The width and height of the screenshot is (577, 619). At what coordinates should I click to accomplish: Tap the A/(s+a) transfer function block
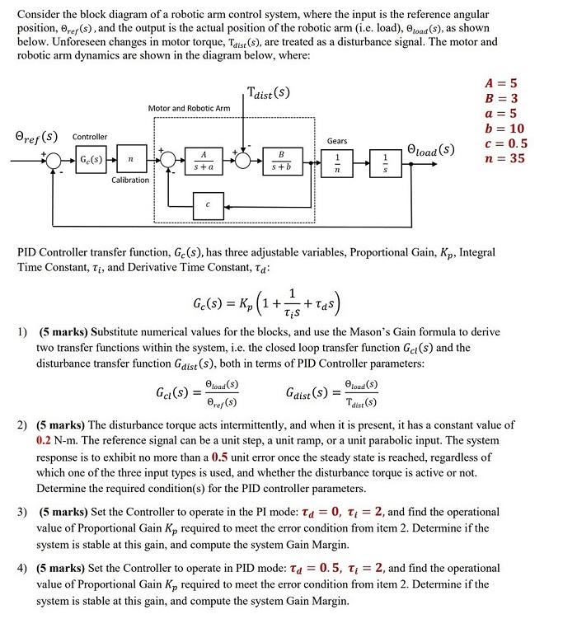(x=201, y=159)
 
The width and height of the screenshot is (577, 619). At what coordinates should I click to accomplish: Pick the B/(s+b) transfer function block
(x=280, y=159)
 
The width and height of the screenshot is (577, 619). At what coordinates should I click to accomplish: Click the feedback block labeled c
(x=209, y=204)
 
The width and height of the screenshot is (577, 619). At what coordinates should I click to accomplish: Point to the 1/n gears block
(x=335, y=160)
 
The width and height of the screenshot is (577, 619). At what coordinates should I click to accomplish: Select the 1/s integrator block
(x=383, y=160)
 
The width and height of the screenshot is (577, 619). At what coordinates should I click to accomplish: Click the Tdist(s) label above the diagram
(x=268, y=92)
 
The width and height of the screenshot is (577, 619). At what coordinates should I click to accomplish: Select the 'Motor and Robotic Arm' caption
(x=189, y=108)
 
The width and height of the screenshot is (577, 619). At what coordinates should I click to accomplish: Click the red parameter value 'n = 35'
(x=504, y=158)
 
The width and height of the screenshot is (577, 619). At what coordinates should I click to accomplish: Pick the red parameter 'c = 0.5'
(x=506, y=143)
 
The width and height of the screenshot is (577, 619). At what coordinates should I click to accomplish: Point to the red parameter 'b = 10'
(x=505, y=129)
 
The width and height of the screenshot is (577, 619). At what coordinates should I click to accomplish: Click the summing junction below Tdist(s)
(x=243, y=160)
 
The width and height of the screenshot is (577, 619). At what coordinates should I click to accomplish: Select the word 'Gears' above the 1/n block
(x=337, y=141)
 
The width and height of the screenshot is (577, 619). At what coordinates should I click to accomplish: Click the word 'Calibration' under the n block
(x=130, y=180)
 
